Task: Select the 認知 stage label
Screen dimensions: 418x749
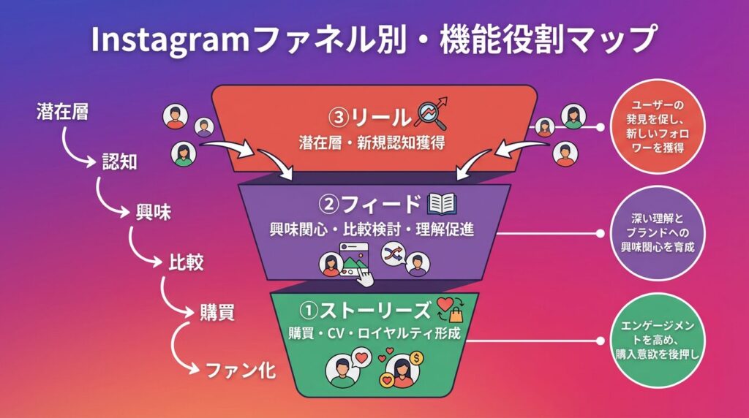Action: [x=118, y=162]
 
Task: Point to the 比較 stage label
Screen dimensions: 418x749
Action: [x=184, y=262]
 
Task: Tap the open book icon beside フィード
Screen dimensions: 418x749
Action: [x=442, y=203]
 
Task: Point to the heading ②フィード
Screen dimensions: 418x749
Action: [x=373, y=204]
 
